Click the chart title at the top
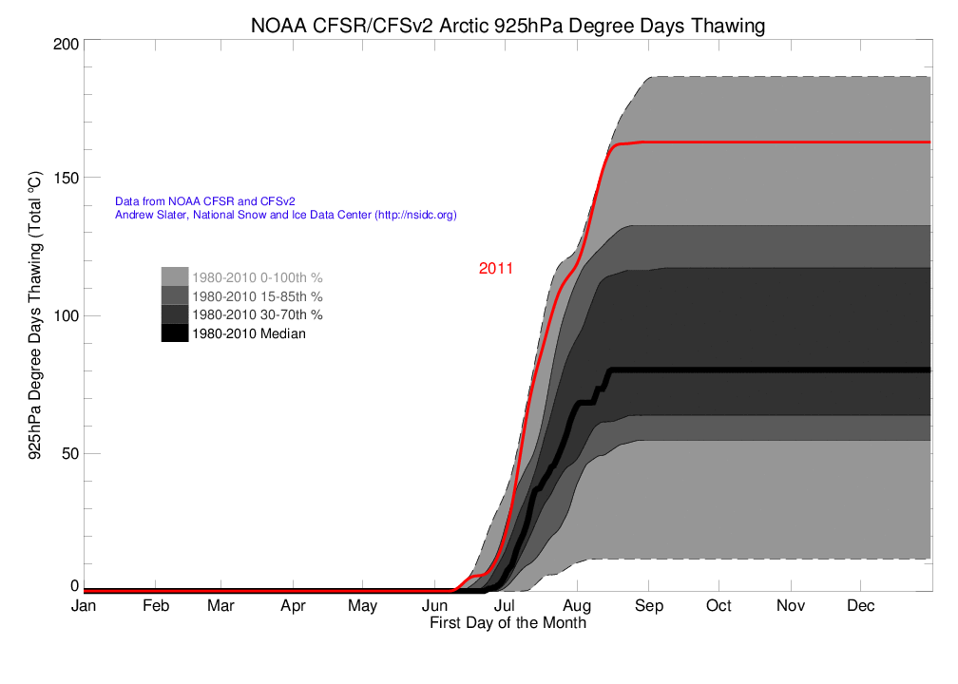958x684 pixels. (x=507, y=26)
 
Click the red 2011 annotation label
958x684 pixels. (x=495, y=269)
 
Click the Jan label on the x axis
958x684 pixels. (x=85, y=606)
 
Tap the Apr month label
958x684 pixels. (x=293, y=606)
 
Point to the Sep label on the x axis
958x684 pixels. (x=648, y=606)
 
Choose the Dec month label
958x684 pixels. (x=861, y=606)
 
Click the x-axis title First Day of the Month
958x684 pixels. (x=508, y=623)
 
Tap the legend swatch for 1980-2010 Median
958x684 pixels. (x=175, y=332)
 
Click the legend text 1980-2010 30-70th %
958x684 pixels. (x=257, y=314)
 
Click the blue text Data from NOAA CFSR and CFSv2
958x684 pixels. (x=204, y=201)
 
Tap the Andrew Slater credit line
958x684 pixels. (x=285, y=216)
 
